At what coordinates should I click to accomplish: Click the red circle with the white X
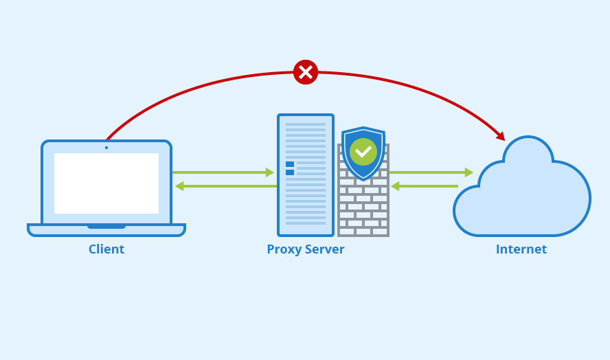tap(306, 72)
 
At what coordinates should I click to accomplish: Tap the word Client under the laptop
tap(106, 249)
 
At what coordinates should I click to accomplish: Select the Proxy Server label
tap(306, 249)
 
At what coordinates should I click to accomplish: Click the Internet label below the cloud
tap(521, 249)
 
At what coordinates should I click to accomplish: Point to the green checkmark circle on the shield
tap(363, 151)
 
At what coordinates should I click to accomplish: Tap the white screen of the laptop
tap(106, 183)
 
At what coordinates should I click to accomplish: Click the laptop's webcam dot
tap(106, 148)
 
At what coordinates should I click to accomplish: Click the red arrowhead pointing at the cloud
tap(501, 136)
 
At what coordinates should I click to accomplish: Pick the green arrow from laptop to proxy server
tap(223, 172)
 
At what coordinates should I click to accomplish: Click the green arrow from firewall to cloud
tap(431, 172)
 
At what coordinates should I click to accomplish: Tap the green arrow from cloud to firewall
tap(425, 186)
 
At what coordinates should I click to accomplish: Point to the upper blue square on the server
tap(290, 164)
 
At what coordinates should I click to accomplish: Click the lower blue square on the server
tap(290, 172)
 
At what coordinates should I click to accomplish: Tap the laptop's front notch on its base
tap(106, 226)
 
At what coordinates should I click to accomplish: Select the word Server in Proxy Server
tap(325, 249)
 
